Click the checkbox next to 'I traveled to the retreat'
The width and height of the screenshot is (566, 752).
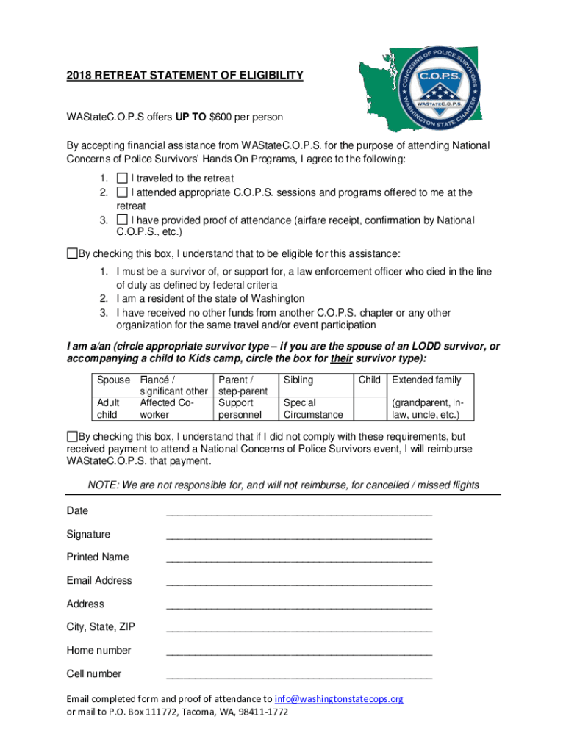[122, 178]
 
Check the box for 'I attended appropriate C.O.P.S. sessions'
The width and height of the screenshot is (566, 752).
[122, 192]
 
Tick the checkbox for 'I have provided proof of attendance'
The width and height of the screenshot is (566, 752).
[122, 220]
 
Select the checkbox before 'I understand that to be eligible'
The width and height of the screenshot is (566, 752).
[72, 254]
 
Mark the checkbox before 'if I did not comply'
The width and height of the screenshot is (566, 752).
[72, 435]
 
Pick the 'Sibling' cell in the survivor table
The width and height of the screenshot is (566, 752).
[298, 380]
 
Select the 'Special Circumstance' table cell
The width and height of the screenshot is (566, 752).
[313, 409]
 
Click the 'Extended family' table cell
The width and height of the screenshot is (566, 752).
[427, 380]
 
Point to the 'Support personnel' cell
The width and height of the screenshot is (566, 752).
[235, 409]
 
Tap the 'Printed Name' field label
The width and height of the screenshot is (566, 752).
[98, 557]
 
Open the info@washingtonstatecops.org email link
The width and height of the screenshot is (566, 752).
[339, 699]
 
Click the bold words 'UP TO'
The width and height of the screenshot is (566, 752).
[190, 117]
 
